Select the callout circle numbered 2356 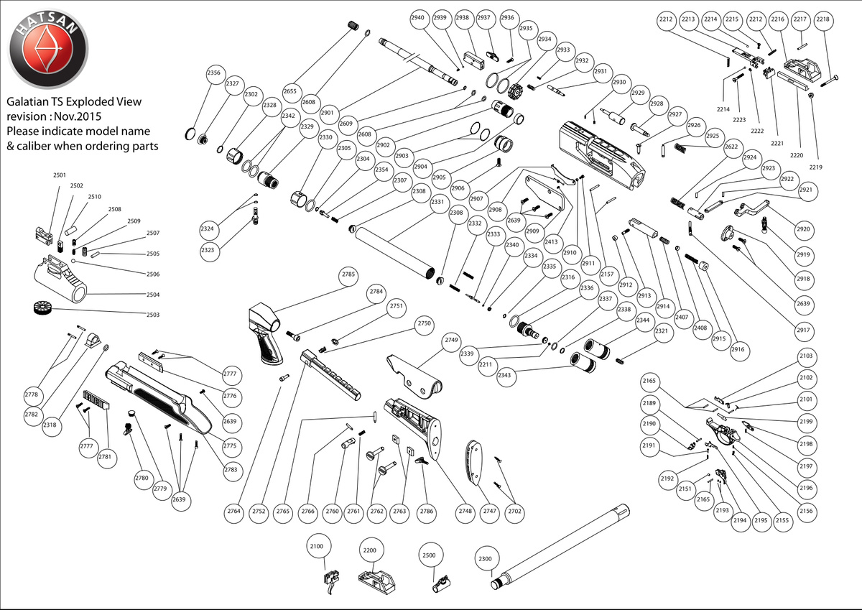coord(213,73)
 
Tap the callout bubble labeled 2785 coord(348,274)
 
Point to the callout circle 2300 coord(486,559)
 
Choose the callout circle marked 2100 coord(317,547)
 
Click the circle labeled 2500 coord(429,555)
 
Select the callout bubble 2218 coord(822,21)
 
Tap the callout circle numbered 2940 coord(420,19)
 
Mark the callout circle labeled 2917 coord(803,330)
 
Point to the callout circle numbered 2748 coord(465,511)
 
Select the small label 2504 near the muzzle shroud coord(154,295)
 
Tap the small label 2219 coord(815,167)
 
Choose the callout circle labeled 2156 coord(806,511)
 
